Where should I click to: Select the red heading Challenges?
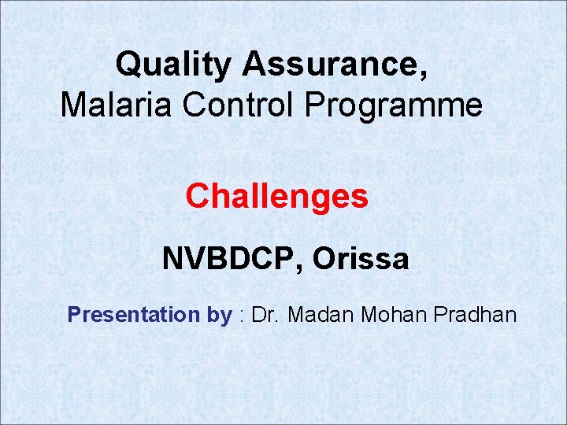point(276,196)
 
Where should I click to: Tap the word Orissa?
point(361,258)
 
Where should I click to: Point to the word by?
point(220,316)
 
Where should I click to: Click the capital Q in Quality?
point(128,65)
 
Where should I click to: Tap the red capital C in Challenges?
point(197,196)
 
